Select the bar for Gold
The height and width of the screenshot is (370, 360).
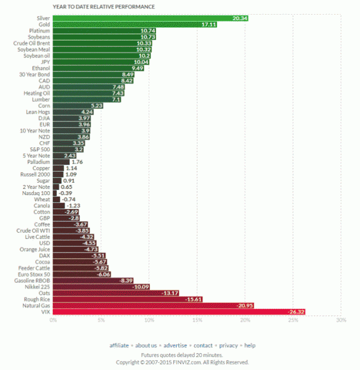pyautogui.click(x=135, y=25)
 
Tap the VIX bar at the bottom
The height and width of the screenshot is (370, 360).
pyautogui.click(x=179, y=312)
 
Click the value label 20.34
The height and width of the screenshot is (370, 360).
pyautogui.click(x=240, y=18)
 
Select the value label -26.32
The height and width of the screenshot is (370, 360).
pyautogui.click(x=296, y=312)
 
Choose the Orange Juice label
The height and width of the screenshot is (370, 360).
pyautogui.click(x=35, y=249)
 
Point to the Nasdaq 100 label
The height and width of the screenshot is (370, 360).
pyautogui.click(x=36, y=193)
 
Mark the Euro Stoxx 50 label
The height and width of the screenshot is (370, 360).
pyautogui.click(x=35, y=274)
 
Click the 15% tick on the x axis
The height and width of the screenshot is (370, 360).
pyautogui.click(x=197, y=321)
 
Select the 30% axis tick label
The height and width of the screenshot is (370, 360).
pyautogui.click(x=340, y=321)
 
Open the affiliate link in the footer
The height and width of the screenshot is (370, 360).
pyautogui.click(x=119, y=345)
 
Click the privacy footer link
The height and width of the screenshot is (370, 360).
pyautogui.click(x=228, y=345)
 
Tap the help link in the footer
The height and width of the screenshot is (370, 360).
pyautogui.click(x=250, y=345)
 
